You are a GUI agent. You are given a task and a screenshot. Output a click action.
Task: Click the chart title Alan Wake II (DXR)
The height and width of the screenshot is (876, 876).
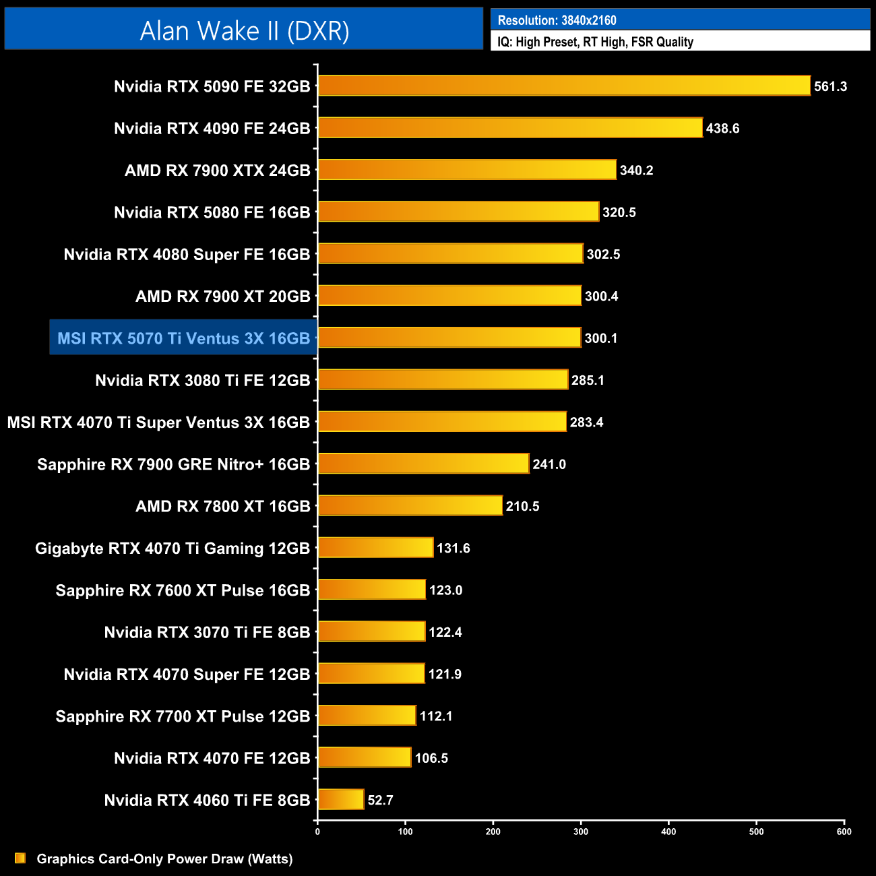[x=244, y=30]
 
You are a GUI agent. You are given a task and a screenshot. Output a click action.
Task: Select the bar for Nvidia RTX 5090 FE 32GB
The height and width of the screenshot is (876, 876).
[x=564, y=86]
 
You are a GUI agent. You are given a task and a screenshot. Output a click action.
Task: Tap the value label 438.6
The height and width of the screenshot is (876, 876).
[x=722, y=128]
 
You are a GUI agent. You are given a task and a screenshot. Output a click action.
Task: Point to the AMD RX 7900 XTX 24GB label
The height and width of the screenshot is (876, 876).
[x=217, y=170]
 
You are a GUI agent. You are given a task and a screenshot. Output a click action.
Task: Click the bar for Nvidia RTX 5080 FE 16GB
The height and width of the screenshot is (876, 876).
[x=458, y=212]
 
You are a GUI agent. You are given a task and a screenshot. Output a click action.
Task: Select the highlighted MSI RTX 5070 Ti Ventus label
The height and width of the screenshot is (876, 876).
[x=183, y=338]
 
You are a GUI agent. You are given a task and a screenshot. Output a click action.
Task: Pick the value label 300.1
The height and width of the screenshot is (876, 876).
[x=601, y=338]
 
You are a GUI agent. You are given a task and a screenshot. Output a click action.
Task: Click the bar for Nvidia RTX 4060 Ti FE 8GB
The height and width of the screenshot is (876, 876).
[x=341, y=800]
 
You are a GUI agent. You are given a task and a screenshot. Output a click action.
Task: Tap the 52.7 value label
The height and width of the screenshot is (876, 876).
[x=380, y=801]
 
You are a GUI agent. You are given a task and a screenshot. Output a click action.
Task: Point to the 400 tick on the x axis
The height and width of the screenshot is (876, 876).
[x=668, y=832]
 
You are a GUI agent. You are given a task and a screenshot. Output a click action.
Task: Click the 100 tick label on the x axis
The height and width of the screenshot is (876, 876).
[x=406, y=832]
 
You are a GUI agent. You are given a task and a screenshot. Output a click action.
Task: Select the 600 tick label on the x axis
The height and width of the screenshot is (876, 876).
[x=844, y=832]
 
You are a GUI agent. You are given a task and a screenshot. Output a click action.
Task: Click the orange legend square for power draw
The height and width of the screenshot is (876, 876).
[x=20, y=858]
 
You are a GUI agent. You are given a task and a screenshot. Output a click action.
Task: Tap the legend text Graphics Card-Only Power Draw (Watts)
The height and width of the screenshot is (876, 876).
[x=164, y=859]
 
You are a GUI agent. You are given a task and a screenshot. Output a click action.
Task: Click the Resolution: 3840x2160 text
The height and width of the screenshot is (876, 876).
[x=557, y=20]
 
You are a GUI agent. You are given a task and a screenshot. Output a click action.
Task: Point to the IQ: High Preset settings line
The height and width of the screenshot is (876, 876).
[x=595, y=42]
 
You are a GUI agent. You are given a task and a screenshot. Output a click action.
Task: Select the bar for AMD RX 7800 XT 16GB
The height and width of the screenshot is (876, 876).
[x=410, y=505]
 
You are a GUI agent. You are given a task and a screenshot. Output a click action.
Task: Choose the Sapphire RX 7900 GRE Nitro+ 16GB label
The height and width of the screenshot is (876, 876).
[x=173, y=464]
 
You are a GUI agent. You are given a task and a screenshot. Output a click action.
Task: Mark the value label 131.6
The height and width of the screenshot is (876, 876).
[x=453, y=548]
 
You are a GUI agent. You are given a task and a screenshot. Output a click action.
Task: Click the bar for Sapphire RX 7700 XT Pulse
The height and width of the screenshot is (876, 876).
[x=367, y=716]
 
